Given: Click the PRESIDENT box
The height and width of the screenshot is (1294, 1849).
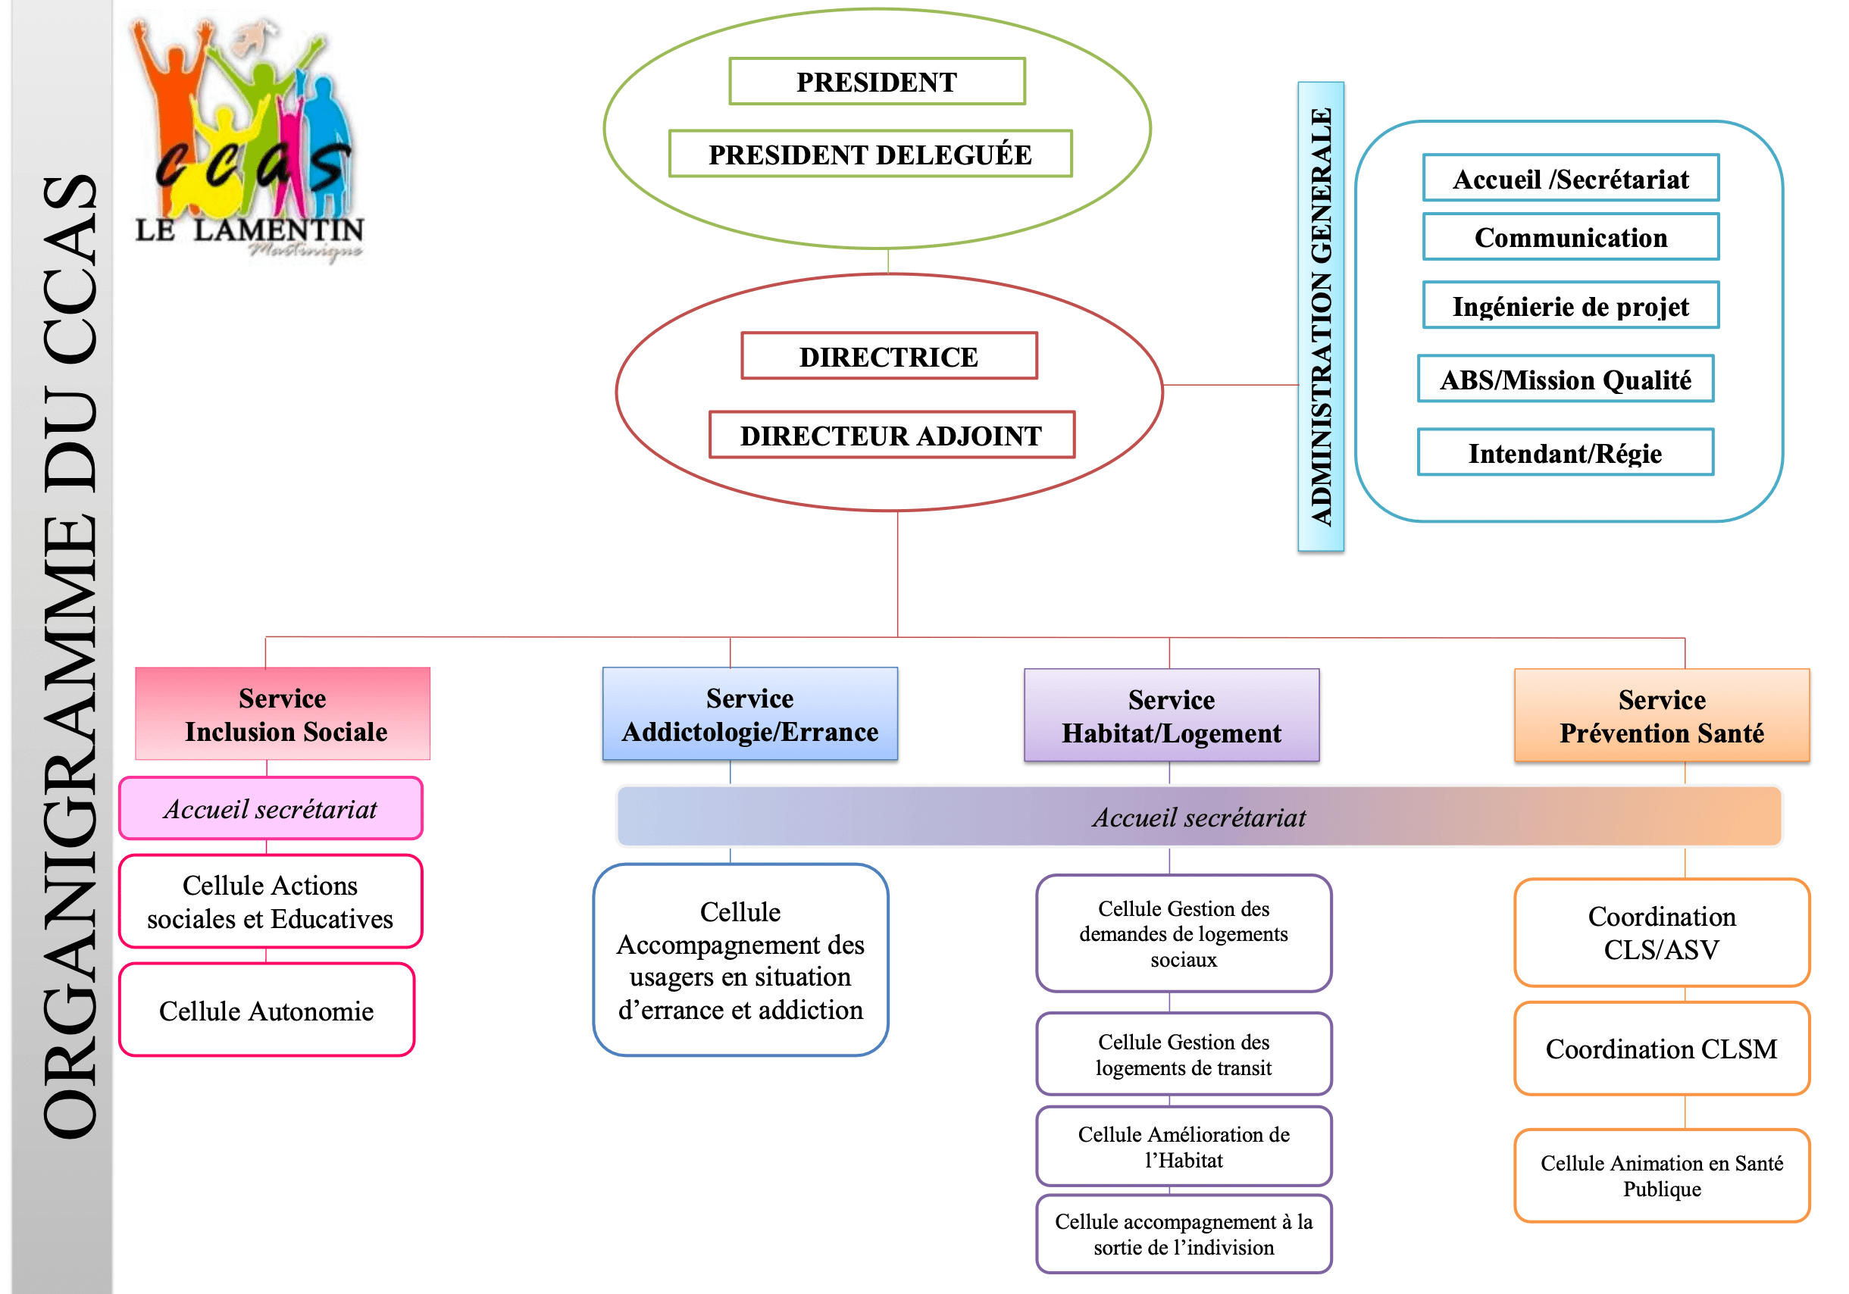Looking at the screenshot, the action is [877, 81].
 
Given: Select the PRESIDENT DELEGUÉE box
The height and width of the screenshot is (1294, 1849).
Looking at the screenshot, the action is [871, 154].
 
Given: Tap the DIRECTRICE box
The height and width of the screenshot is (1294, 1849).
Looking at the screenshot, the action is [889, 356].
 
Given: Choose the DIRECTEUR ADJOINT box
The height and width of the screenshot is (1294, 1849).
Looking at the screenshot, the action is [891, 435].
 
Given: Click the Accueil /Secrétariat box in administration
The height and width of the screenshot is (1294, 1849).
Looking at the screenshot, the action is [1570, 178].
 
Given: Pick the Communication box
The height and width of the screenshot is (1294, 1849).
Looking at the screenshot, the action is [1570, 236].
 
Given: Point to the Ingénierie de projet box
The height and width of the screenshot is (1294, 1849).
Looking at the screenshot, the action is [1570, 305].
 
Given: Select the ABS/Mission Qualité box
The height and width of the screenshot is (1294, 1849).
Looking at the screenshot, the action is [1566, 379].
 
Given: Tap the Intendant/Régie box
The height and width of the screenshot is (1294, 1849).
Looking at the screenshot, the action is [1566, 452].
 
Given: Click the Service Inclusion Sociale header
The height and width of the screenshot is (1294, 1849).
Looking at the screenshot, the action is [283, 714].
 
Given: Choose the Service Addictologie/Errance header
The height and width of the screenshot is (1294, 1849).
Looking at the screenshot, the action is [749, 714].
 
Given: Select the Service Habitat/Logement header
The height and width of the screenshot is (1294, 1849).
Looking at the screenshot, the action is [1172, 715].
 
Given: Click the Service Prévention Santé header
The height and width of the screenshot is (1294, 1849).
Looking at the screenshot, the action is [1662, 715].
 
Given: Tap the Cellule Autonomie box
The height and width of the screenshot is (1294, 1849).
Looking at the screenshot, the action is [267, 1010].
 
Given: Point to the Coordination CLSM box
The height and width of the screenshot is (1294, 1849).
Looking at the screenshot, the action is [1662, 1049].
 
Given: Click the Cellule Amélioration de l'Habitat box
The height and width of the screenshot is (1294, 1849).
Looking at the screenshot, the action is [1184, 1146].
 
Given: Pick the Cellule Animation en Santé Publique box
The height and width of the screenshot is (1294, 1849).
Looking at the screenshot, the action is [1662, 1176].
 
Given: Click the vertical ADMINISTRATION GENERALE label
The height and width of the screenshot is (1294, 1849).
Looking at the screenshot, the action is [1321, 317].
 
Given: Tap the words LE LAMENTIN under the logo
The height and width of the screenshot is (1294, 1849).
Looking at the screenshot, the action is [249, 230].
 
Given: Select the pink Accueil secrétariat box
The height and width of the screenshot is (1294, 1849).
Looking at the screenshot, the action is [271, 808].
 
